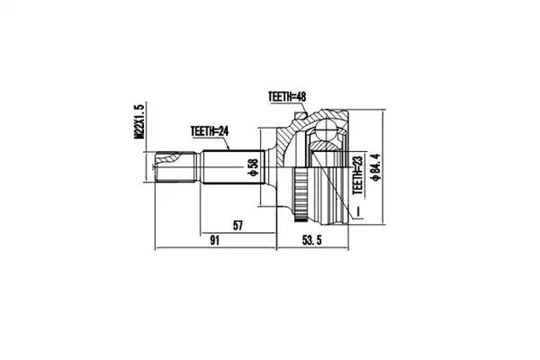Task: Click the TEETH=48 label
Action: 287,97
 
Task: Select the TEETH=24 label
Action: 210,131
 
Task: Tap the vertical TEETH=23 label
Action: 358,175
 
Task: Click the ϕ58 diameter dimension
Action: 254,167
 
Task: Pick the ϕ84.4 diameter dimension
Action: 374,167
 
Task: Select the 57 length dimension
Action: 238,226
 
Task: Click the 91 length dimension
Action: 214,240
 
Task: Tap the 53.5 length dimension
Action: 312,240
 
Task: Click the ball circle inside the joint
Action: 327,130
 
